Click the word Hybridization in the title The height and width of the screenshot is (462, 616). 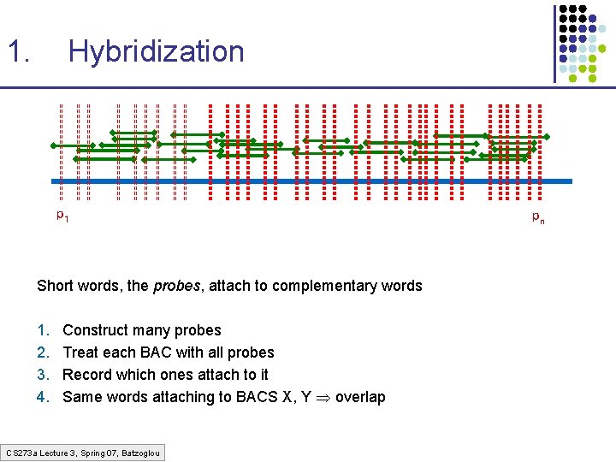[156, 52]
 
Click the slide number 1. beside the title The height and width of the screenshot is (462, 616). [19, 52]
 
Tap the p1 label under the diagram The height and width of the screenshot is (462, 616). [62, 215]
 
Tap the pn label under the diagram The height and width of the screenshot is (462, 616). [537, 217]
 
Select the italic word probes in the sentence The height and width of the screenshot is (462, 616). [175, 286]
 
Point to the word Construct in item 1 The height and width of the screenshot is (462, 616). [94, 330]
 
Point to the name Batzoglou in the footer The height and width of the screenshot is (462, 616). [140, 452]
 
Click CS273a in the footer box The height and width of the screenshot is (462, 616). [21, 452]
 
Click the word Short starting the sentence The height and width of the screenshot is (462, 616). [56, 286]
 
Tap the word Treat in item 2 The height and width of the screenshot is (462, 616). [81, 352]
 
